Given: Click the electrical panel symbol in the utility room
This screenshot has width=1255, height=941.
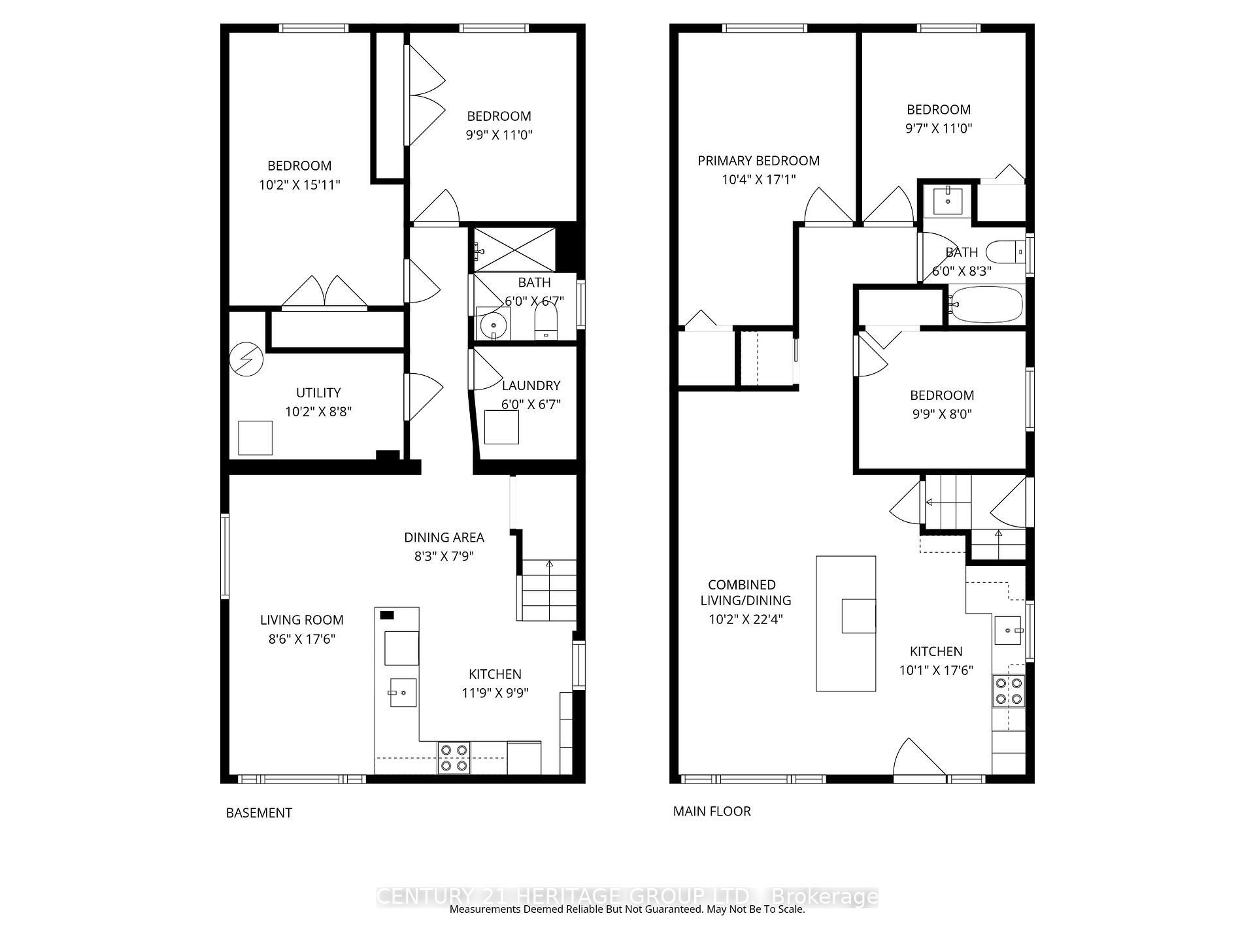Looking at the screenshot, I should coord(246,359).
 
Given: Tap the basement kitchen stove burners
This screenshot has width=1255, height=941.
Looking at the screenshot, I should coord(454,757).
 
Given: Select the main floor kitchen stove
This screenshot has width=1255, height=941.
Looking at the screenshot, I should coord(1009,691).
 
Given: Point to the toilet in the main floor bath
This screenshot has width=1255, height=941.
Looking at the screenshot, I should coord(1005,251).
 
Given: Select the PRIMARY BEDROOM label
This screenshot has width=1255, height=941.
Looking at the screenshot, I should coord(758,161).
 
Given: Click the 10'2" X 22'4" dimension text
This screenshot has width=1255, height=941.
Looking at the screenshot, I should coord(745,619).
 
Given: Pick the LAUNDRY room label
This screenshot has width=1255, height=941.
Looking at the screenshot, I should coord(531,386).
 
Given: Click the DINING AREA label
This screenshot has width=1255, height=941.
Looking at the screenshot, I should coord(444,537).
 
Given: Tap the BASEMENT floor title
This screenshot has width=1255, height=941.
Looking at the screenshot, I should coord(259,813).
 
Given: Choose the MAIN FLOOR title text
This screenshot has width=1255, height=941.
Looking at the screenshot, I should coord(712,811).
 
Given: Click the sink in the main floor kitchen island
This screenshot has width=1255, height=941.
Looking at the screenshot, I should coord(858,616).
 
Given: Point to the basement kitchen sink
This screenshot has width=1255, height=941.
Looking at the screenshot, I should coord(403,693).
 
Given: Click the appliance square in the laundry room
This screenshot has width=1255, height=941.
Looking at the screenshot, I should coord(501,427).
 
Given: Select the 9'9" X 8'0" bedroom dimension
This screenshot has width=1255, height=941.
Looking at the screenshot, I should coord(942,414).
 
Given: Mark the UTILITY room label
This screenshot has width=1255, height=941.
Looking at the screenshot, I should coord(318,393).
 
